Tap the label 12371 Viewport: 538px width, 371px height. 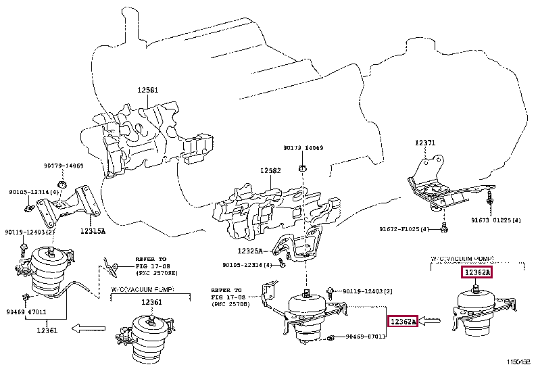425,143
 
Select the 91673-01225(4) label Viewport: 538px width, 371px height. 495,220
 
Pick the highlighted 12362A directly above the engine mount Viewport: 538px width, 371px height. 477,273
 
